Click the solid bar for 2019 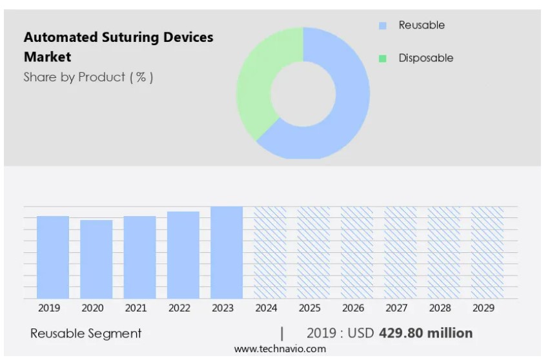point(53,257)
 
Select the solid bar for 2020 point(96,259)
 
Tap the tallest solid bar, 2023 point(227,252)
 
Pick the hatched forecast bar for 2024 point(270,252)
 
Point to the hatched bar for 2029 point(487,252)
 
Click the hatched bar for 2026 point(357,252)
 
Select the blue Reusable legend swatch point(383,26)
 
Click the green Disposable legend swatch point(383,59)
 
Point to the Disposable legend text point(425,58)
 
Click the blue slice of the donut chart point(342,110)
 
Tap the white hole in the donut point(303,94)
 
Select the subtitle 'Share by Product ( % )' point(88,77)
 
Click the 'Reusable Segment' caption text point(86,334)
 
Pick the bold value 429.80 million point(425,333)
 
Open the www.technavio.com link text point(280,349)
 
